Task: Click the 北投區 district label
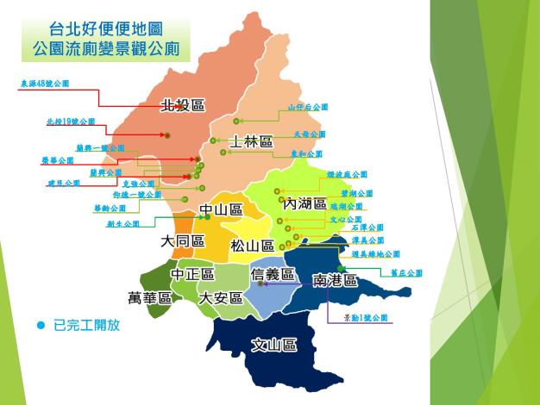[183, 105]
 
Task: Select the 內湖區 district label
[305, 204]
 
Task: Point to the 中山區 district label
[220, 210]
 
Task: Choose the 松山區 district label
[252, 246]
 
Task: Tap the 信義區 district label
[273, 274]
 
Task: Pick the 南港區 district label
[335, 280]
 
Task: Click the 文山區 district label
[274, 346]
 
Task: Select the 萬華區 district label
[149, 298]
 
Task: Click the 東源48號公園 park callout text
[44, 84]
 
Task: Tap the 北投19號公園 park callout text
[71, 121]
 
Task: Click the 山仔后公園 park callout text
[308, 108]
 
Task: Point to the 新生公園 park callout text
[122, 223]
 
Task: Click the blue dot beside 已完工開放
[40, 326]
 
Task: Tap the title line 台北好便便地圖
[106, 31]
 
